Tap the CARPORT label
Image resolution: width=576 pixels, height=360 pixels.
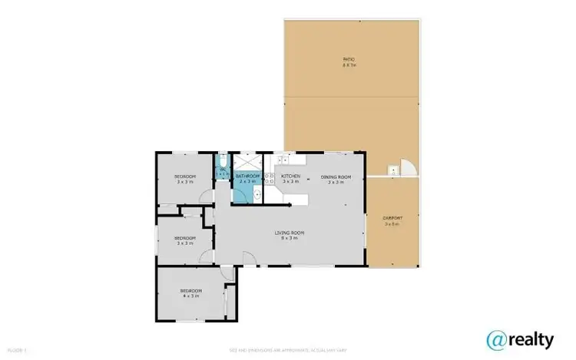392,218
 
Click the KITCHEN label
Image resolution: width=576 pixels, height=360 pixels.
290,177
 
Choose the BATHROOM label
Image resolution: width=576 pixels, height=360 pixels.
247,177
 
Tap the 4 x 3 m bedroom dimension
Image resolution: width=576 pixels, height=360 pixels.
190,296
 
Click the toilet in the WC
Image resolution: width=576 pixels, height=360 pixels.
222,162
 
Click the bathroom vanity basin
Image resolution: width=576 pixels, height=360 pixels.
240,194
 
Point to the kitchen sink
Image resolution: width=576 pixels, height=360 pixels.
283,160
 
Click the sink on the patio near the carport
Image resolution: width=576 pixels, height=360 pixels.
393,170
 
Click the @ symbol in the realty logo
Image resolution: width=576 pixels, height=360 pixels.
498,339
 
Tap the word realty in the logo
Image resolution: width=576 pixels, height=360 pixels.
532,339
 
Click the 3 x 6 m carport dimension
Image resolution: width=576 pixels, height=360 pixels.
392,223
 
